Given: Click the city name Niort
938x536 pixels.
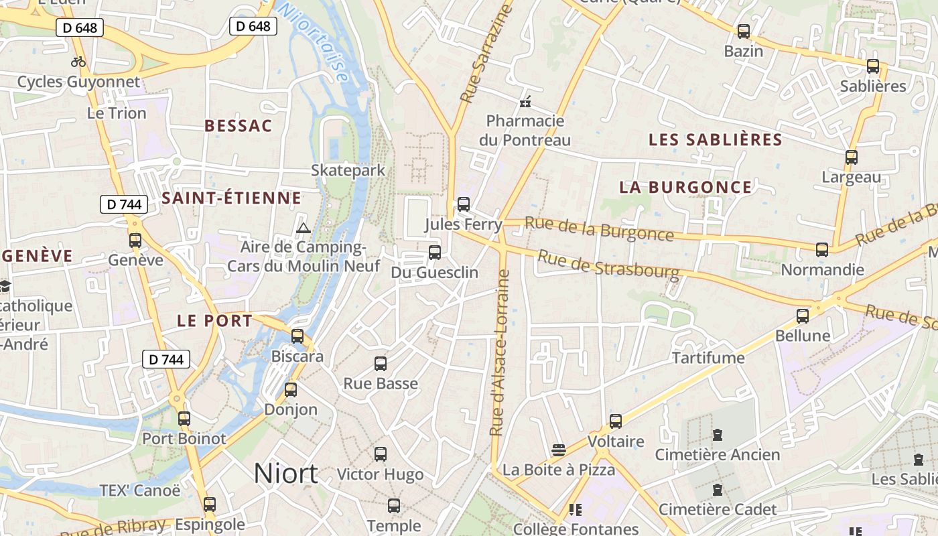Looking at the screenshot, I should pos(285,474).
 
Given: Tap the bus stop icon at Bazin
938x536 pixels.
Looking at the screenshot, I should pos(743,31).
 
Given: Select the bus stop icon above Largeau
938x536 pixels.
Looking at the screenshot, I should pos(851,158).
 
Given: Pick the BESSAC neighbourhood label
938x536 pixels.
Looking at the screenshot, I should pos(239,126).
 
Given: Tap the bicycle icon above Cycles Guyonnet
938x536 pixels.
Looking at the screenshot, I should pos(78,62).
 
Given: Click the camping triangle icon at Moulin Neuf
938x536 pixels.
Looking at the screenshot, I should pos(304,228).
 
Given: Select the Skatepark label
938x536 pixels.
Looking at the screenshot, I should pos(348,170).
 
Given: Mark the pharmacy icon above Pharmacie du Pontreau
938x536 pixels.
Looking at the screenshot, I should pos(525,102).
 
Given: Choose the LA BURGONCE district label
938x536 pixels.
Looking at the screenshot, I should pos(685,187).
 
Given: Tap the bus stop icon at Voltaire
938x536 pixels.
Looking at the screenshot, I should pos(615,421).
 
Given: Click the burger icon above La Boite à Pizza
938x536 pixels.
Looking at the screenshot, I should pos(559,450).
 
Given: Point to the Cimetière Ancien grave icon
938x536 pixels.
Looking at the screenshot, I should pos(718,435).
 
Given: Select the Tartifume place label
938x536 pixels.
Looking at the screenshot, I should pos(708,358).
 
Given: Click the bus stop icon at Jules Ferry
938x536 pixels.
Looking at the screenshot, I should pos(463,204).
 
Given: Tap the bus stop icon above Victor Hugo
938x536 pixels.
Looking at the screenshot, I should pos(381,454).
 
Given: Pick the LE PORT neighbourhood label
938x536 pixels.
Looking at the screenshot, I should pos(214,321).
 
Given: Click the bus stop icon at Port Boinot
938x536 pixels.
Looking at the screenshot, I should pos(184,419).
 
